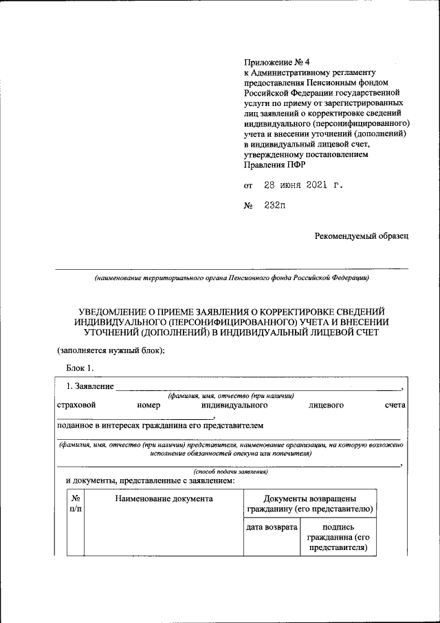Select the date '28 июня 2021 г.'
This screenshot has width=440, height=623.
(x=303, y=186)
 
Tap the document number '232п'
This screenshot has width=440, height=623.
(x=274, y=207)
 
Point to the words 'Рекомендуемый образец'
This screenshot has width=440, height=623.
(x=362, y=236)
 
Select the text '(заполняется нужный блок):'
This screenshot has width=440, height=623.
(x=110, y=350)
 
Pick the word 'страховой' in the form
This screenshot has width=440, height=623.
(x=76, y=405)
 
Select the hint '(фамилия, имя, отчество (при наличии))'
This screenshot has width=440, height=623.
(x=231, y=396)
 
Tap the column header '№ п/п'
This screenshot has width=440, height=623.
(x=75, y=503)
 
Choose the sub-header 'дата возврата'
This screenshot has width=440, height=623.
(x=271, y=527)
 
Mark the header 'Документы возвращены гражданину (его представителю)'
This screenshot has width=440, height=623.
(x=309, y=503)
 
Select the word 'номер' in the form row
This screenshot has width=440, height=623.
(x=148, y=405)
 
